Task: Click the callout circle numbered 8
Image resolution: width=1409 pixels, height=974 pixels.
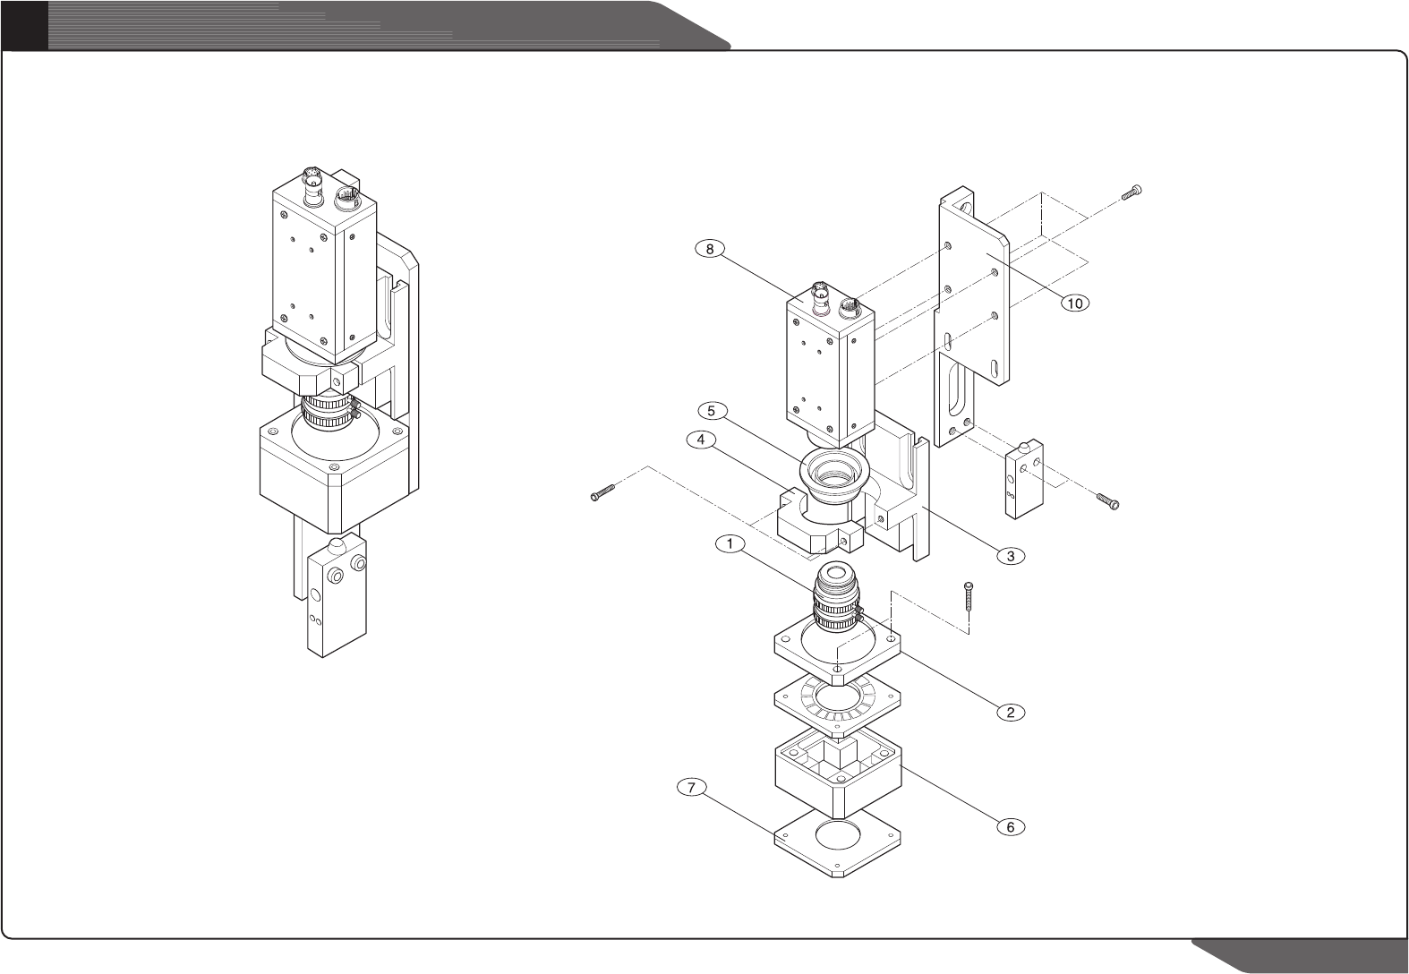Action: [710, 250]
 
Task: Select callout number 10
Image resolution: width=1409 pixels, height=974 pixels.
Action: [1074, 303]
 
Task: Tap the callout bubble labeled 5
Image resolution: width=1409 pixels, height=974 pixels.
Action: [710, 411]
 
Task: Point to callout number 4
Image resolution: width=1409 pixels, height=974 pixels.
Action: [701, 440]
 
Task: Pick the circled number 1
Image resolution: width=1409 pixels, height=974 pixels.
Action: [731, 543]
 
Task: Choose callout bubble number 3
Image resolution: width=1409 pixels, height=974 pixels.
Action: [1010, 556]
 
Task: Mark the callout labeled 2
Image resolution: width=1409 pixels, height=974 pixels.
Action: [1010, 713]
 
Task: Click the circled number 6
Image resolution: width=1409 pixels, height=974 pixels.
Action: [1010, 826]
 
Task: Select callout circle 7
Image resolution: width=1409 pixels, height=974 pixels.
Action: [692, 788]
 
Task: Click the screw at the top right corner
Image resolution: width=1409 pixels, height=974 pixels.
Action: [1133, 190]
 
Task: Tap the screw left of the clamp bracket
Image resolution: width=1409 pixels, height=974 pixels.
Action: [604, 492]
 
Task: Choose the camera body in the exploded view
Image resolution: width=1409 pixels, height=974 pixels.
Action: [829, 367]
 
